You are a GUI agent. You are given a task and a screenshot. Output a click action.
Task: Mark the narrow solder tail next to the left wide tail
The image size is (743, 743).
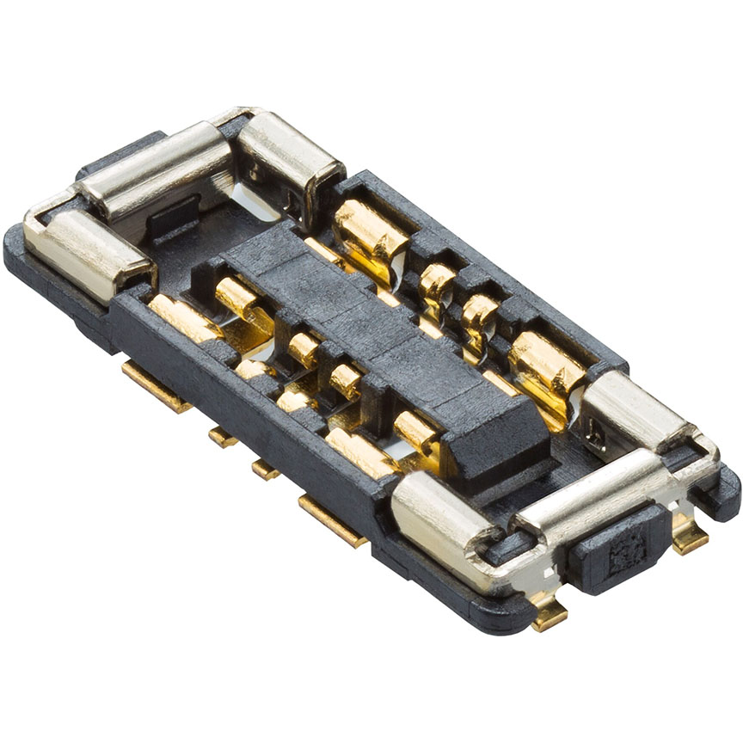pyautogui.click(x=223, y=436)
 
